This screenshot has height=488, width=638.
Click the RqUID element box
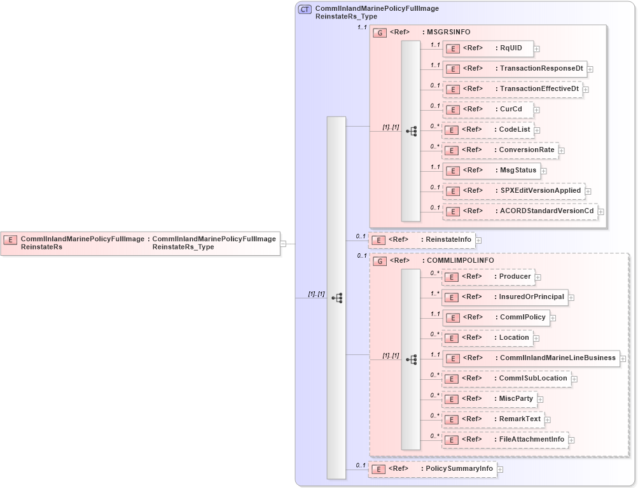coord(488,48)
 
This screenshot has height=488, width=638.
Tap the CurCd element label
coord(510,109)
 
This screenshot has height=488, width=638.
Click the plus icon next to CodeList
coord(537,130)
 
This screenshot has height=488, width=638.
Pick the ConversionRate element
coord(500,151)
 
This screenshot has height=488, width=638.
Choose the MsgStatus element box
coord(491,171)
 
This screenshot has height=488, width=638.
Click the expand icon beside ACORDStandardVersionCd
coord(600,212)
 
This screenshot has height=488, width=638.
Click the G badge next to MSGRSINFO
coord(380,32)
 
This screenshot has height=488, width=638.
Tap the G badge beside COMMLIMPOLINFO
coord(380,261)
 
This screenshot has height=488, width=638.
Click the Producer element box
coord(488,277)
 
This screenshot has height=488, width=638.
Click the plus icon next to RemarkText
coord(547,420)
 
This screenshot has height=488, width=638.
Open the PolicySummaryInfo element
coord(432,469)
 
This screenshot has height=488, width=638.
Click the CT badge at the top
coord(305,10)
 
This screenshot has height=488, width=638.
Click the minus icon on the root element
coord(283,243)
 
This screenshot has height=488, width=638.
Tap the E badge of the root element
coord(10,240)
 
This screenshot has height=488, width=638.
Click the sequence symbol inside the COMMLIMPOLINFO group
coord(411,359)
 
